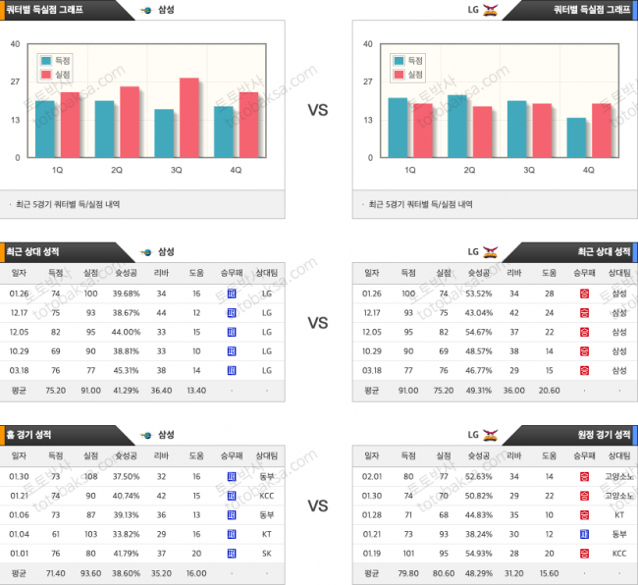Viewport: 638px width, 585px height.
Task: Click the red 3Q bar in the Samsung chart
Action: click(189, 118)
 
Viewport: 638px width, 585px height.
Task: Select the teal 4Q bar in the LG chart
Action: click(578, 138)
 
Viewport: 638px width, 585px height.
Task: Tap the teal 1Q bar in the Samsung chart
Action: click(45, 130)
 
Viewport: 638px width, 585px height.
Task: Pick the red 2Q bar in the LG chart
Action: click(482, 133)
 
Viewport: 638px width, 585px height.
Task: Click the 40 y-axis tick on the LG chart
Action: click(367, 44)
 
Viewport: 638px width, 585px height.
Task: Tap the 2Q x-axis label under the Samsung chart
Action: click(117, 170)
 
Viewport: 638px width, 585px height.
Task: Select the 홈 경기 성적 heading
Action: click(30, 434)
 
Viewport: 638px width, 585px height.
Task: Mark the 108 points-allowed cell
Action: click(91, 476)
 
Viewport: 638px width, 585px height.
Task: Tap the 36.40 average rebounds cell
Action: click(161, 390)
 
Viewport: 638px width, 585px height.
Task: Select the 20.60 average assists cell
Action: click(549, 390)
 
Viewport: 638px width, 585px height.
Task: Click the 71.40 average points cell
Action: click(55, 573)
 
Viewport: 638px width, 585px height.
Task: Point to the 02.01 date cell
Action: click(373, 476)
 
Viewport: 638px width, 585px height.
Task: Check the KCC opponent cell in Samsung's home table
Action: click(266, 496)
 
